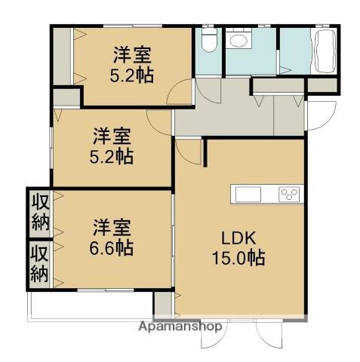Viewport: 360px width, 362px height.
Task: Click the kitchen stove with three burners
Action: tap(290, 195)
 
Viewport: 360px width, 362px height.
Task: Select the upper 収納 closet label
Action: tap(39, 212)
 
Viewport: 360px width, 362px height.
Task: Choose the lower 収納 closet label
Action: tap(39, 263)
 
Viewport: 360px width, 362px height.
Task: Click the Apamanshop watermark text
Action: tap(182, 327)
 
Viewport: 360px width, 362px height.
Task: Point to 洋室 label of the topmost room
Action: tap(132, 54)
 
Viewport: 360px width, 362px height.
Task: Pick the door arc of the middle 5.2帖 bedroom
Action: tap(161, 121)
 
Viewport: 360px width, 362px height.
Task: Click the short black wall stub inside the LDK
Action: tap(205, 151)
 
